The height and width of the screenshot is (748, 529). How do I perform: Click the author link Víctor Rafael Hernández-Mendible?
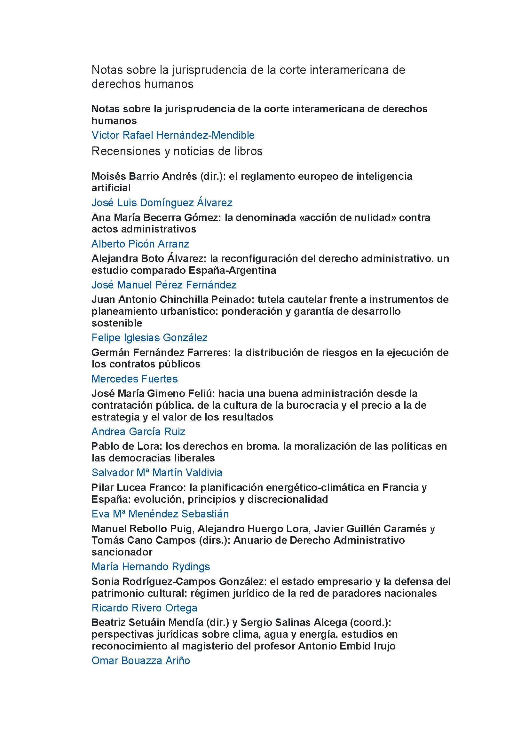[x=173, y=135]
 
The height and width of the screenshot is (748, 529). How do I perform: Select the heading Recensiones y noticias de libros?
[x=177, y=151]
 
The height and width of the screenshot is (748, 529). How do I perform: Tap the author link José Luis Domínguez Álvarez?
[x=162, y=203]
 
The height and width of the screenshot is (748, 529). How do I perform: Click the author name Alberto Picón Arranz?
[x=140, y=244]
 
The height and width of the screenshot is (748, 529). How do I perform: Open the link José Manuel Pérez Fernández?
[x=164, y=285]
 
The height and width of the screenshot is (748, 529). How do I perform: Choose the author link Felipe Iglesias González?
[x=149, y=337]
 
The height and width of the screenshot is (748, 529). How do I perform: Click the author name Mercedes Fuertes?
[x=135, y=379]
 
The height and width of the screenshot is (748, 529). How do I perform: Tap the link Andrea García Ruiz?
[x=138, y=431]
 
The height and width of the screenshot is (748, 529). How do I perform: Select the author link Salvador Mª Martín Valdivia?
[x=157, y=472]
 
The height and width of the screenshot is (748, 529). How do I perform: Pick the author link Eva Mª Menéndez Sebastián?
[x=160, y=514]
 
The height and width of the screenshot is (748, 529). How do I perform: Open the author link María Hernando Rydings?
[x=151, y=567]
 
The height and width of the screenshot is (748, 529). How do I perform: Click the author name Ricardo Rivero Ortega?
[x=144, y=608]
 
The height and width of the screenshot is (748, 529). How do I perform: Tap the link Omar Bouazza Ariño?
[x=140, y=660]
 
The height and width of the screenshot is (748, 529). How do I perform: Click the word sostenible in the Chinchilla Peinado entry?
[x=117, y=323]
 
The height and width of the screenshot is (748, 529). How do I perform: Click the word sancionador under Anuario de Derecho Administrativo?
[x=122, y=552]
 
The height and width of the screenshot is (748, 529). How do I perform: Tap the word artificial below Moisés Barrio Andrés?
[x=111, y=188]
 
